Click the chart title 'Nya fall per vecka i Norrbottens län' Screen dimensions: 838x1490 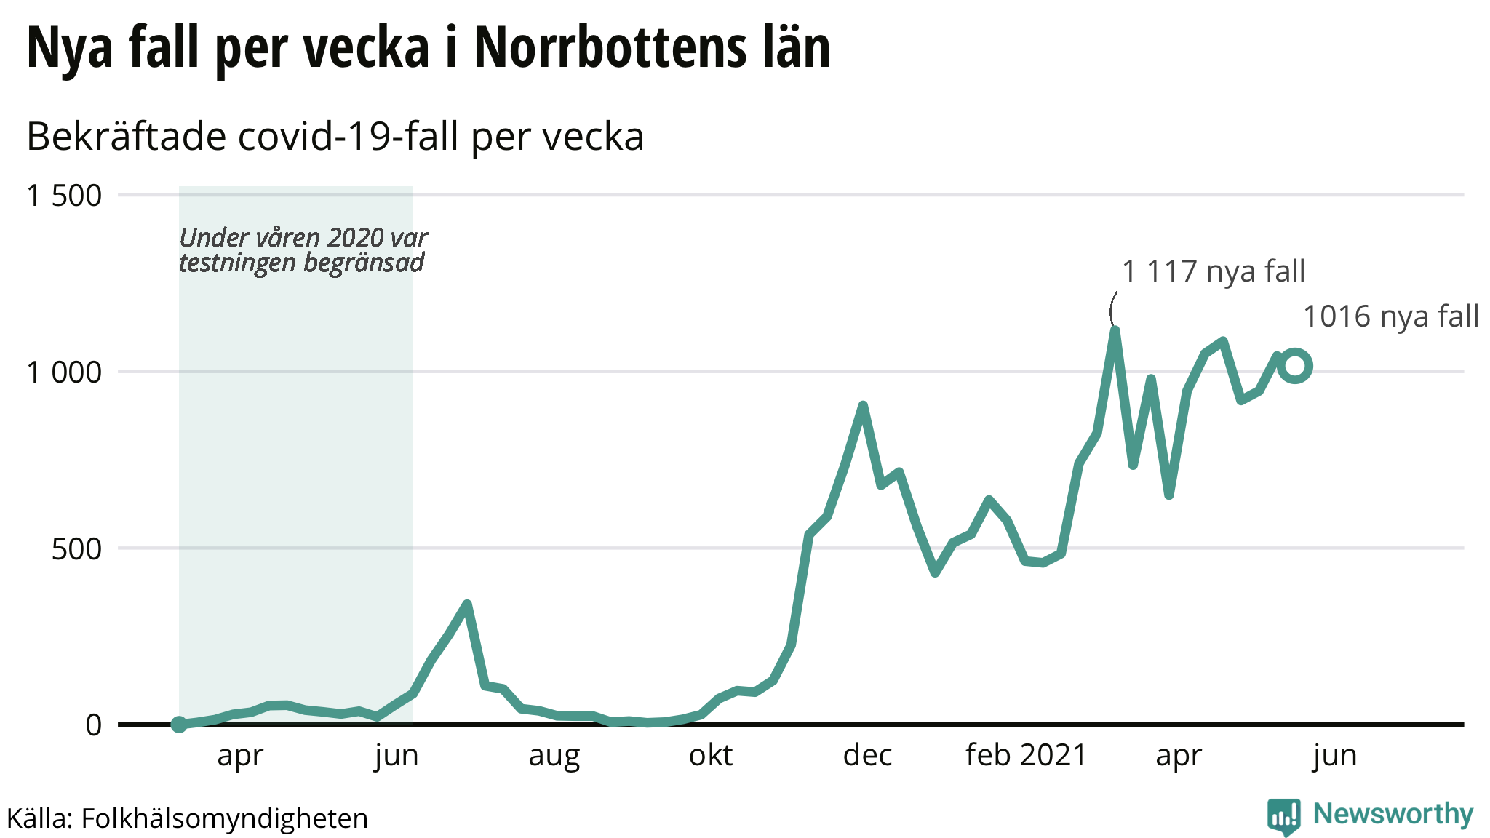[x=429, y=48]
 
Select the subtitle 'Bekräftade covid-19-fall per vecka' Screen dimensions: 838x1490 [x=335, y=137]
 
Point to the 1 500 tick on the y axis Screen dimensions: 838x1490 [x=64, y=196]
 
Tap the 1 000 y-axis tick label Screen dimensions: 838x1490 [x=64, y=372]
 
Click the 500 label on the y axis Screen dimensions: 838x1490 [x=76, y=549]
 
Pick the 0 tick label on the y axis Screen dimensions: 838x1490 [x=94, y=725]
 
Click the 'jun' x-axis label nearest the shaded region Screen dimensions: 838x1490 [x=397, y=756]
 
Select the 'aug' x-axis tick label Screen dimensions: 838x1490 [x=554, y=756]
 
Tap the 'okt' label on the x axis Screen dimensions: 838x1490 [x=711, y=756]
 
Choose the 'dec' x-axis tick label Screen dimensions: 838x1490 [x=867, y=756]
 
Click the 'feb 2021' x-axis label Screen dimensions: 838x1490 [x=1026, y=756]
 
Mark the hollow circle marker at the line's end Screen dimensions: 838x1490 [x=1295, y=366]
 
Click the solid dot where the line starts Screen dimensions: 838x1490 [x=179, y=724]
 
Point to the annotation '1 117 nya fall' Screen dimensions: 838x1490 [x=1214, y=271]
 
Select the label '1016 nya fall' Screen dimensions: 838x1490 [x=1390, y=317]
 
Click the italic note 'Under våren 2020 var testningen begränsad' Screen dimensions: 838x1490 [x=303, y=250]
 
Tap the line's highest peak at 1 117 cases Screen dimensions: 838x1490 [x=1115, y=331]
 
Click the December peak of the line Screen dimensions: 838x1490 [x=863, y=405]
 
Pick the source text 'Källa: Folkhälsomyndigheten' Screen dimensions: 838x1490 [x=188, y=818]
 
